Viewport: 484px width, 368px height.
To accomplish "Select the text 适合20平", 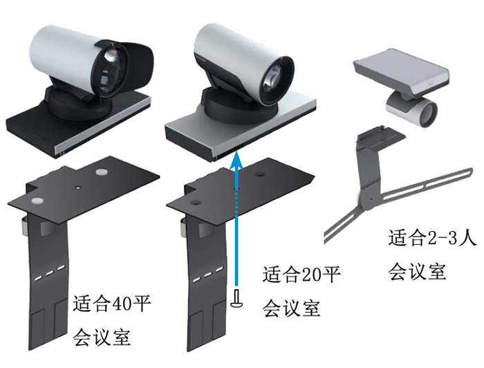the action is tap(302, 275).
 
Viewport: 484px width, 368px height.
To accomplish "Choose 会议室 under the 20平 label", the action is tap(291, 308).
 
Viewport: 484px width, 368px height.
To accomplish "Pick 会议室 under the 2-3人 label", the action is tap(416, 270).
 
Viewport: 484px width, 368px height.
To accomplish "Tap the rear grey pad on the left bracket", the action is tap(102, 169).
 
